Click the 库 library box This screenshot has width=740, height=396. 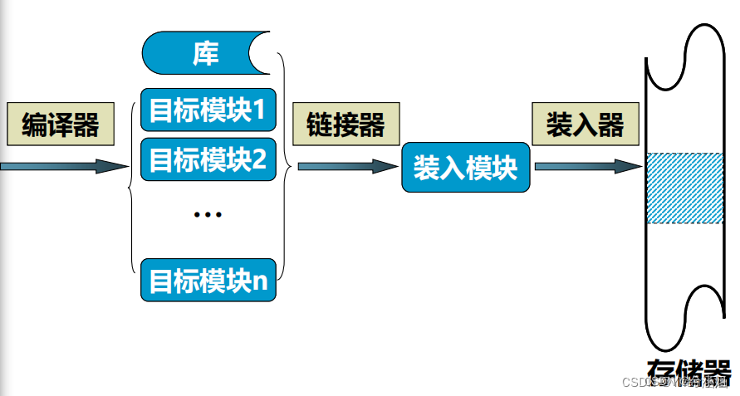(206, 54)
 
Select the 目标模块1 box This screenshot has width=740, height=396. (208, 109)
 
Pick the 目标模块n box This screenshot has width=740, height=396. (208, 280)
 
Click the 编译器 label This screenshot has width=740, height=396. (60, 125)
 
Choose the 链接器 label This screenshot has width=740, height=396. (345, 125)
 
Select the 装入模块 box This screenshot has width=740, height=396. (465, 168)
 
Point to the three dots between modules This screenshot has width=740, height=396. (207, 215)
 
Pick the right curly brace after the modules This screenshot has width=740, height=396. (287, 166)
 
